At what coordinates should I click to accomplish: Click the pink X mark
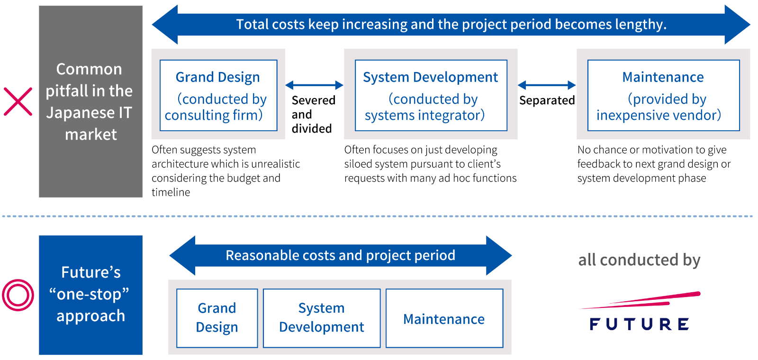pyautogui.click(x=18, y=101)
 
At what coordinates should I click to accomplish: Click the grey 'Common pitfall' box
pyautogui.click(x=90, y=101)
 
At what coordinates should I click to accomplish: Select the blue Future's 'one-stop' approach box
pyautogui.click(x=90, y=295)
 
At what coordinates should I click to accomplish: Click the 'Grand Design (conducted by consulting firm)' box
pyautogui.click(x=218, y=95)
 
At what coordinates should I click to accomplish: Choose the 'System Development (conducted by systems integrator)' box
pyautogui.click(x=431, y=95)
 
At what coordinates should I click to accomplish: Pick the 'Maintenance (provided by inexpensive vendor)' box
pyautogui.click(x=663, y=95)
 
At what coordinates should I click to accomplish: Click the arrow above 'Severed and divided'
pyautogui.click(x=315, y=85)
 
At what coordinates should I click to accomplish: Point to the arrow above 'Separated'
pyautogui.click(x=547, y=85)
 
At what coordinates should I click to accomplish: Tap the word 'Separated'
pyautogui.click(x=547, y=100)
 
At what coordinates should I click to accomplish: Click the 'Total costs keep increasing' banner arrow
pyautogui.click(x=451, y=24)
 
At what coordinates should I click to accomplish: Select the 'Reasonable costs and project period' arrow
pyautogui.click(x=341, y=255)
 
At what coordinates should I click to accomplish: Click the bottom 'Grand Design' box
pyautogui.click(x=217, y=318)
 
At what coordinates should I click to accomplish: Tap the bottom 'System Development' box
pyautogui.click(x=322, y=318)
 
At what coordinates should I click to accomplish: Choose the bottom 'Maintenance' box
pyautogui.click(x=444, y=318)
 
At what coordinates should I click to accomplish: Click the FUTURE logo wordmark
pyautogui.click(x=639, y=324)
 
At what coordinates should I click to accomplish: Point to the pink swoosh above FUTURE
pyautogui.click(x=640, y=300)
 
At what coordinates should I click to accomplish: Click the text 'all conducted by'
pyautogui.click(x=639, y=260)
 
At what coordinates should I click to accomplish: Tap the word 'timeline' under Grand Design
pyautogui.click(x=171, y=192)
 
